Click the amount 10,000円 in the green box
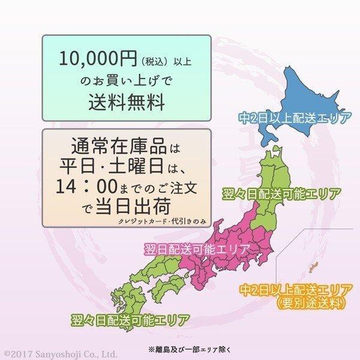coord(91,59)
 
